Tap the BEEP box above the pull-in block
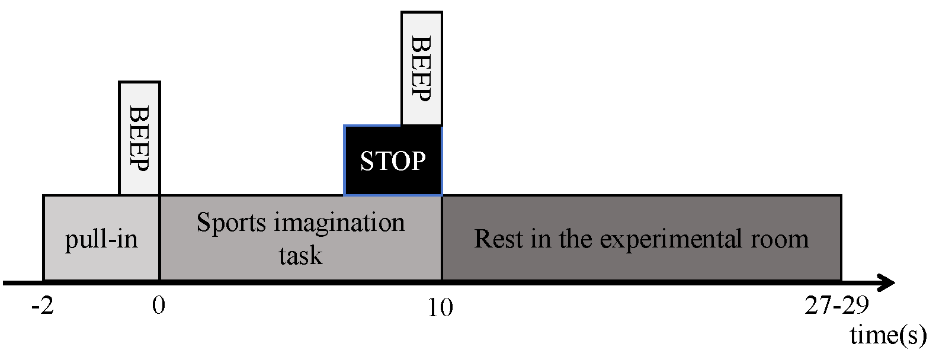139,138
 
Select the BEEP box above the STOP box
421,68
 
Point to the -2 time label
43,307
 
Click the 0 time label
159,307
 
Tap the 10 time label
441,308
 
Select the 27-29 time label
836,307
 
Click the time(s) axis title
888,336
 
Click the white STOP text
393,161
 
